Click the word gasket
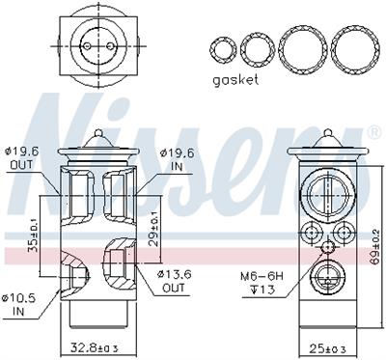click(x=235, y=80)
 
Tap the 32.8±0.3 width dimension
click(x=95, y=347)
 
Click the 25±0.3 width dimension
click(x=327, y=347)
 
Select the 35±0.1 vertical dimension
click(x=33, y=235)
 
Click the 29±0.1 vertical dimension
click(x=153, y=229)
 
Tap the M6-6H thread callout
click(x=262, y=276)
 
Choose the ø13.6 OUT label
click(x=174, y=281)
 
